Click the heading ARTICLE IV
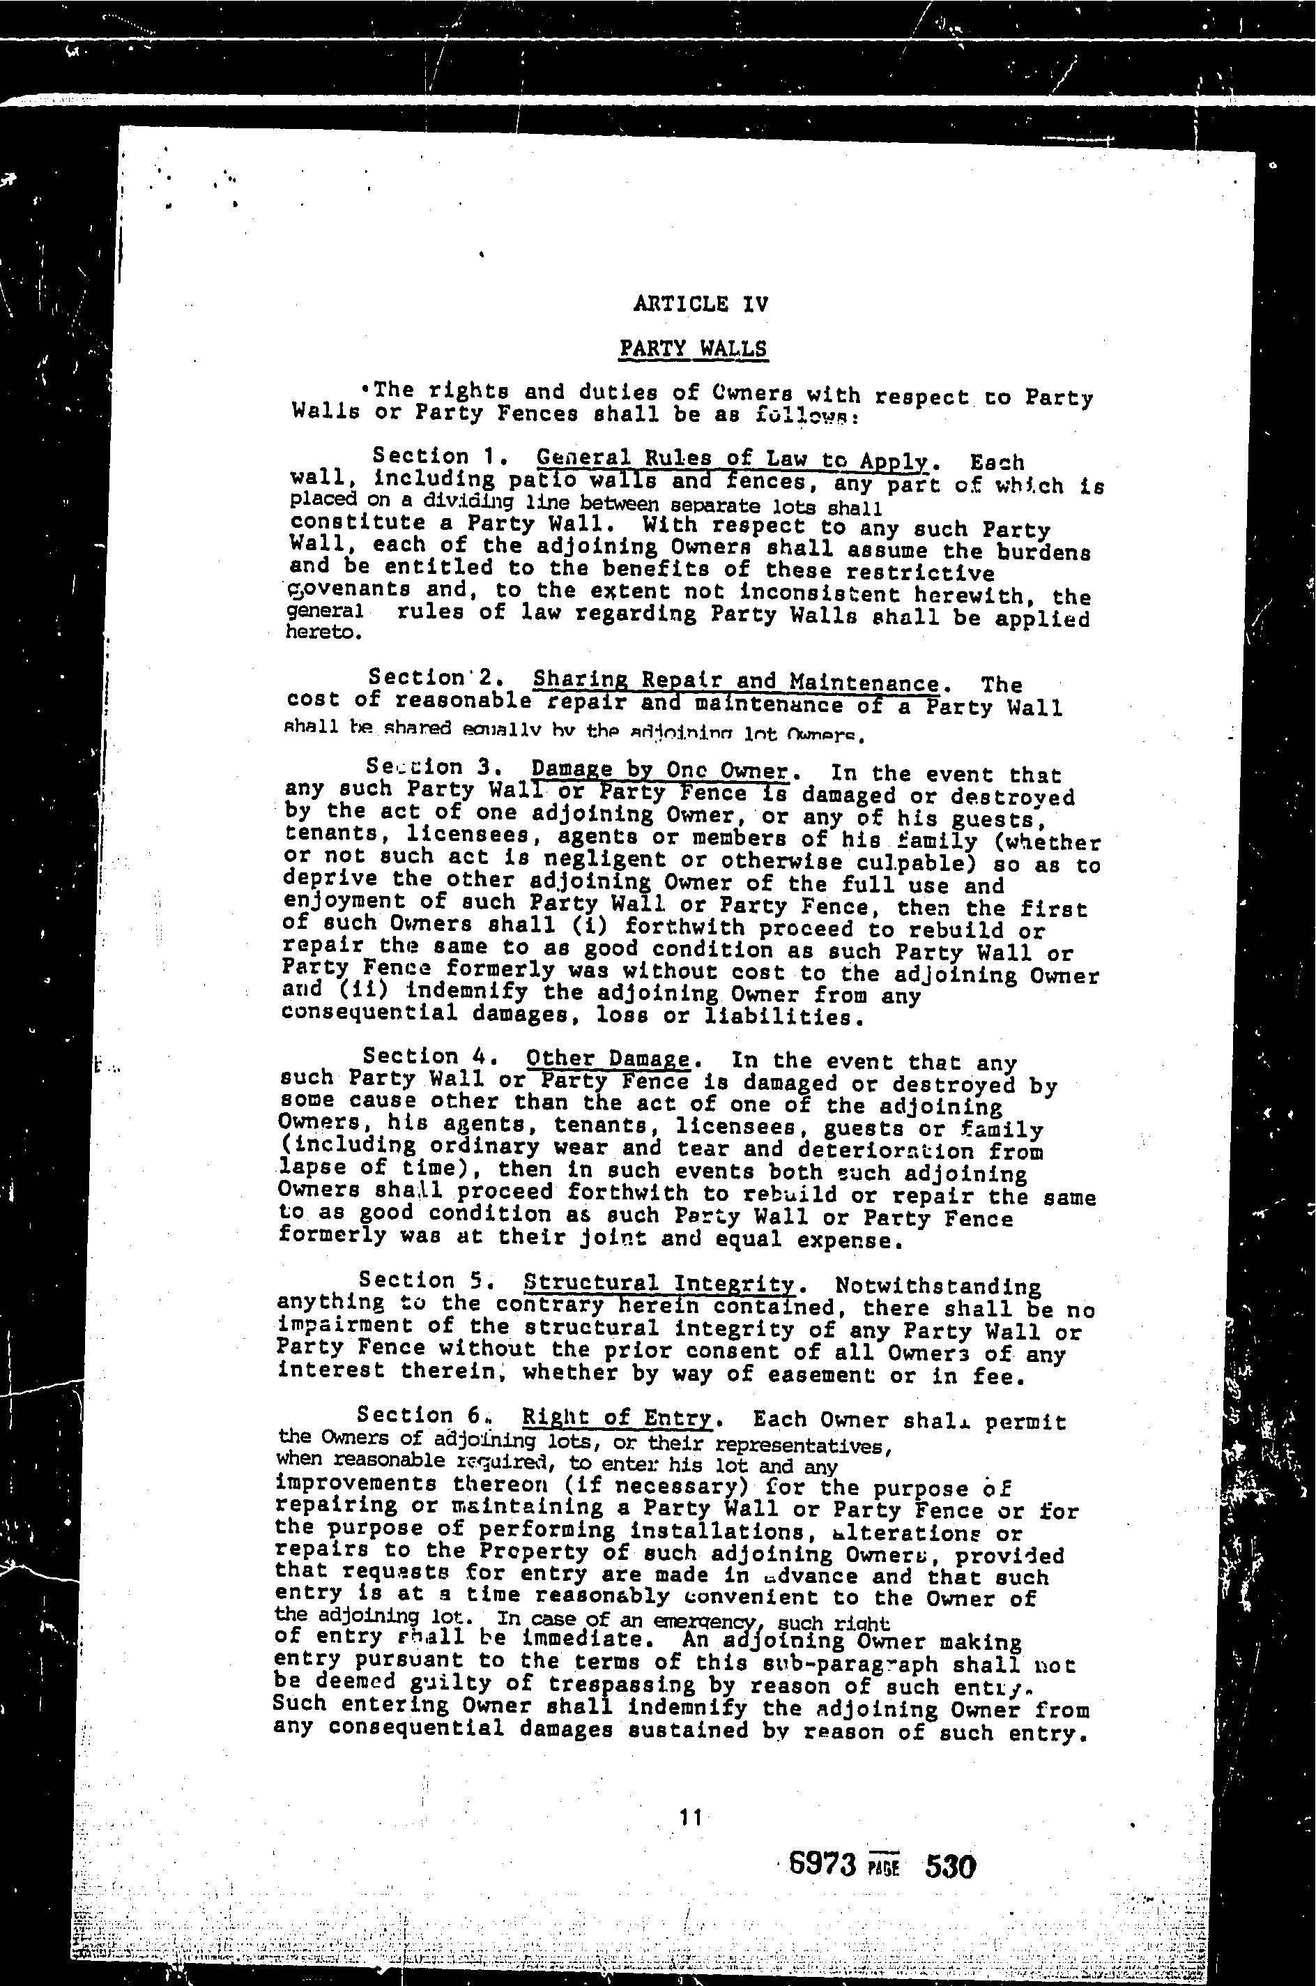(700, 304)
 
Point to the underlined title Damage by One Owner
(661, 770)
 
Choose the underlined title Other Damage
(608, 1059)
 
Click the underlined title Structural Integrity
(659, 1283)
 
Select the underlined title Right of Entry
(617, 1418)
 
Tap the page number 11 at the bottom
(690, 1817)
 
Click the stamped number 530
(949, 1867)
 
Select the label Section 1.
(431, 457)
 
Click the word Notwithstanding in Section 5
(938, 1287)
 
